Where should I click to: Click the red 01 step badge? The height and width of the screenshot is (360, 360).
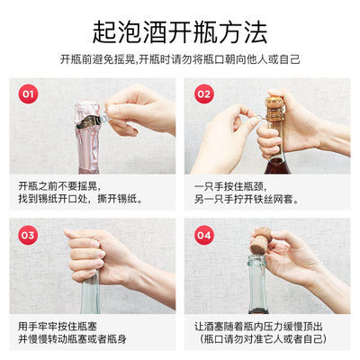[x=28, y=94]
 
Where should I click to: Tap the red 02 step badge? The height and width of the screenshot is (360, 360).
[x=203, y=94]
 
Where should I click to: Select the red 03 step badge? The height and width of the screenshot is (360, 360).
[x=28, y=235]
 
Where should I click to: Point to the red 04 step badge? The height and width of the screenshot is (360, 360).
[x=203, y=235]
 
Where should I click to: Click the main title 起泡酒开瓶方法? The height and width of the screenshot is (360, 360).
[x=180, y=32]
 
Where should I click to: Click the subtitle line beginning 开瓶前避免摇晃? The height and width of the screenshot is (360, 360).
[x=180, y=59]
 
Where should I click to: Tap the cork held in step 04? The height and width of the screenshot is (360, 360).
[x=261, y=241]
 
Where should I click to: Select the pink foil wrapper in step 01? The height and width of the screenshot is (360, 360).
[x=88, y=137]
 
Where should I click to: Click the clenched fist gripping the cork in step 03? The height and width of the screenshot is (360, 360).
[x=88, y=255]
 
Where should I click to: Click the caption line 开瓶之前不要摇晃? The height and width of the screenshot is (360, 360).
[x=60, y=186]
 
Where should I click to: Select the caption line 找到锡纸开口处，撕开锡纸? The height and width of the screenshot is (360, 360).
[x=80, y=199]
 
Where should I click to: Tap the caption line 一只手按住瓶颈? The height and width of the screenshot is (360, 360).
[x=230, y=186]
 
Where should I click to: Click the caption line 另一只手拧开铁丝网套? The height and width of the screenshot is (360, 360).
[x=247, y=199]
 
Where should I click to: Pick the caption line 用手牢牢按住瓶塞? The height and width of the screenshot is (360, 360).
[x=58, y=327]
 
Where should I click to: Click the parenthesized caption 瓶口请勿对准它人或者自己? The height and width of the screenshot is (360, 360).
[x=263, y=339]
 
